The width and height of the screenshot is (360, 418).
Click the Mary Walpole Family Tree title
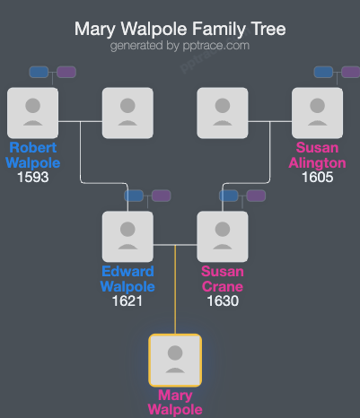(x=180, y=30)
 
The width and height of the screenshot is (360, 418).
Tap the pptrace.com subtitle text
(x=180, y=46)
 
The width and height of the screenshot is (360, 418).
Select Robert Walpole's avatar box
(x=32, y=112)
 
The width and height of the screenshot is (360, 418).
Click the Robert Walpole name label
(x=32, y=154)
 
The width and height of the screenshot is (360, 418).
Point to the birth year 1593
(x=32, y=177)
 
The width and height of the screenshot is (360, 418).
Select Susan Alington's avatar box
(x=317, y=112)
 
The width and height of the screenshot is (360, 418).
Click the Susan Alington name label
(x=317, y=154)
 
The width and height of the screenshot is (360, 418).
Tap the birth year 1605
(x=317, y=177)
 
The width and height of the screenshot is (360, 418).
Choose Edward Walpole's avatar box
(x=127, y=236)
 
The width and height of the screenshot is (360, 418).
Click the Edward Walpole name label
(x=127, y=279)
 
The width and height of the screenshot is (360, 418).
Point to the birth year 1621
(x=127, y=300)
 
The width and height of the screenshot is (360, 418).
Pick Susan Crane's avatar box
(x=222, y=236)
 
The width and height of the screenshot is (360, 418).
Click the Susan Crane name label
(x=222, y=279)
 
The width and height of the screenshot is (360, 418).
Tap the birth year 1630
(x=222, y=300)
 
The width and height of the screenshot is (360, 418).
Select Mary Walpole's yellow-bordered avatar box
(x=175, y=360)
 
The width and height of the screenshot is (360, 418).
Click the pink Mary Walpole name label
(x=175, y=402)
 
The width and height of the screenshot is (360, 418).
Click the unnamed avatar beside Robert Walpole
(x=127, y=112)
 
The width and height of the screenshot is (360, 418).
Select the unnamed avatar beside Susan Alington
(x=222, y=112)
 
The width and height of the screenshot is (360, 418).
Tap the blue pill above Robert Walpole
(x=39, y=72)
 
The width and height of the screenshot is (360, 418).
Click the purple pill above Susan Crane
(x=256, y=196)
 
